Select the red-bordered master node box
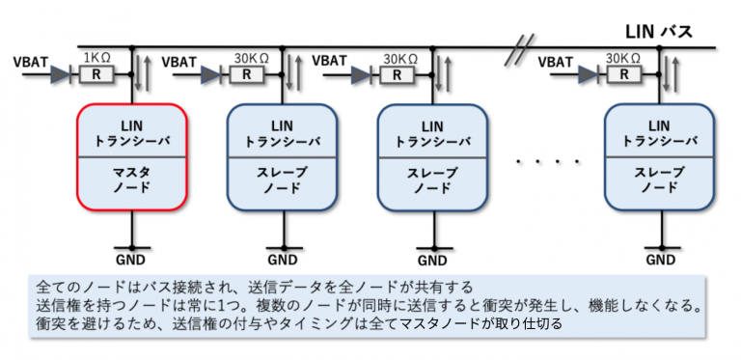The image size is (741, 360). point(131,157)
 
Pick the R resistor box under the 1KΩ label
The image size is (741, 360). point(96,73)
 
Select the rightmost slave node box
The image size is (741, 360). point(659,157)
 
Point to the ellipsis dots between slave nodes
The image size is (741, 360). point(548,160)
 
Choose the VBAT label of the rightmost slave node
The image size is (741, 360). point(557,62)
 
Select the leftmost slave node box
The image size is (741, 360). point(283,157)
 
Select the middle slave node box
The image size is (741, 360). point(432,157)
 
